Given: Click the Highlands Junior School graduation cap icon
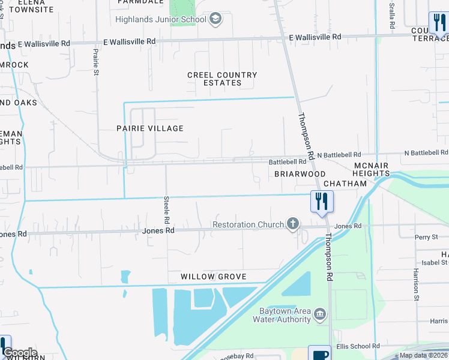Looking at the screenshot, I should tap(215, 19).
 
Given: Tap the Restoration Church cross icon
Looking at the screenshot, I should tap(293, 224).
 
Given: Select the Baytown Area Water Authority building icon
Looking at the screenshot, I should tap(319, 314).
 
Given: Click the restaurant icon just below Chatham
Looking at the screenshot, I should tap(321, 201).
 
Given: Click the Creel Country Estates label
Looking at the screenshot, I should tap(222, 79).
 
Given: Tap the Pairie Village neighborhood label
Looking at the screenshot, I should tap(149, 128).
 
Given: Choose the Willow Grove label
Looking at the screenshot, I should tap(214, 277).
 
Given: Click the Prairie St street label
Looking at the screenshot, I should tap(96, 62).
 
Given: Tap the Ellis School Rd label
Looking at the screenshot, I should tap(358, 346).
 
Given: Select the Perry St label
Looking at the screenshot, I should tap(426, 238).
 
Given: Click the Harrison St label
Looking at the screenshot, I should tap(415, 284).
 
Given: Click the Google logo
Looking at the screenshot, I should tap(19, 353).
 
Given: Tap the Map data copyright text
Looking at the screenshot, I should tap(423, 355).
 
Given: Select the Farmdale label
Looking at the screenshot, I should tap(140, 2).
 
